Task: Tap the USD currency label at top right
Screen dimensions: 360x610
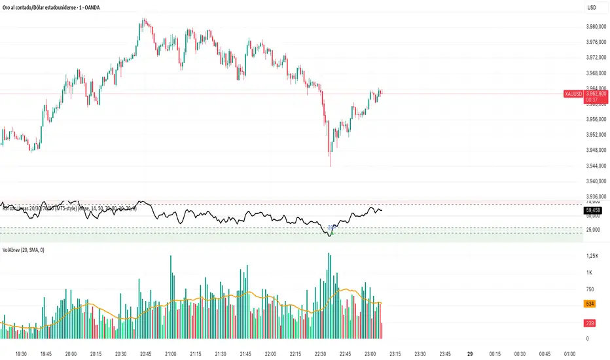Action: pos(592,7)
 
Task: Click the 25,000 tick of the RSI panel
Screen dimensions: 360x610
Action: pos(593,230)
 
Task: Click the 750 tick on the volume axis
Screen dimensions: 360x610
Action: pos(590,289)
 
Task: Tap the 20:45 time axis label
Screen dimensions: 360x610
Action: pos(145,352)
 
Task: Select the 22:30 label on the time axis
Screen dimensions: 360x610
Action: pos(319,352)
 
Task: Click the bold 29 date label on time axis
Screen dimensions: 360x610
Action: pos(470,352)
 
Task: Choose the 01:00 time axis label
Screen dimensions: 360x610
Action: pos(569,352)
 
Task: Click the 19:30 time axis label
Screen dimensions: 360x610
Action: pos(21,352)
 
